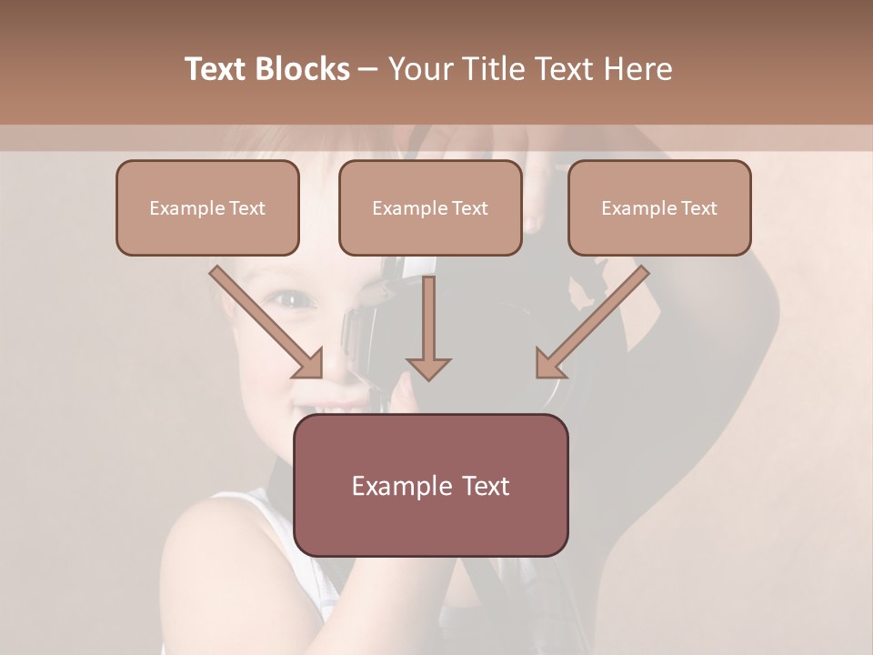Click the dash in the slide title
click(368, 69)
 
